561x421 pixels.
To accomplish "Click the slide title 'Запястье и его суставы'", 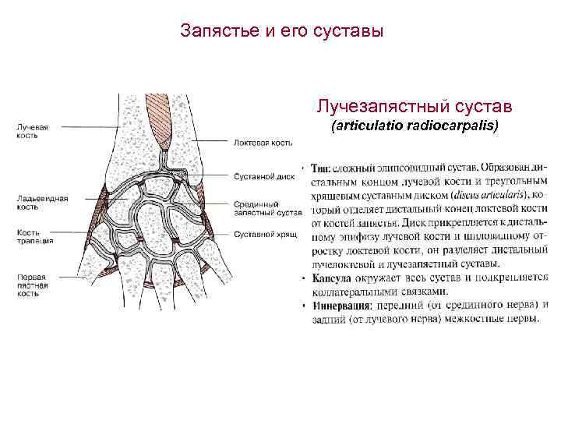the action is click(281, 32).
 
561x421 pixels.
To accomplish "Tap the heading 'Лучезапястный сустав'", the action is click(414, 105).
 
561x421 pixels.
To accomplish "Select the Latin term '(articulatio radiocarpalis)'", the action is click(415, 126).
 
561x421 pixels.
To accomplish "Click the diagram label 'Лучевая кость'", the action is click(34, 130).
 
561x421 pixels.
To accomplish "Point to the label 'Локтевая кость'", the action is click(263, 143).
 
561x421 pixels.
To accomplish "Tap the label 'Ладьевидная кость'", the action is click(43, 203).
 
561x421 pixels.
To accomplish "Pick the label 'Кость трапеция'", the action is click(35, 237).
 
